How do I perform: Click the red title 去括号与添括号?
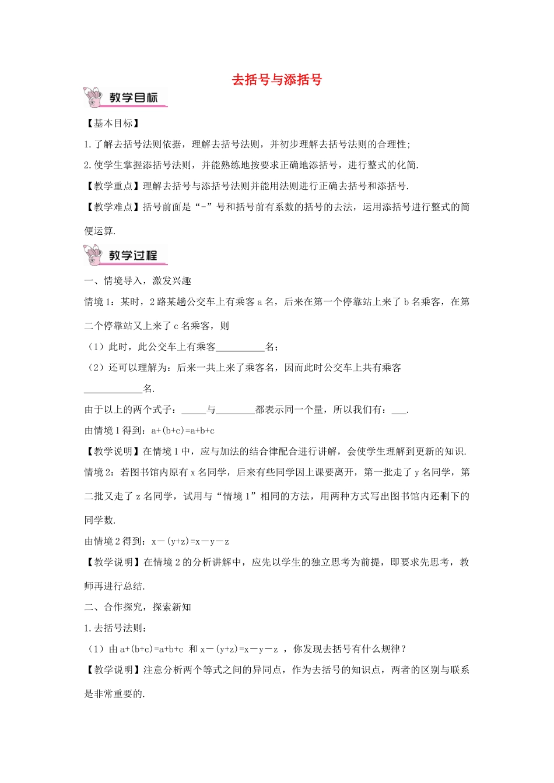[x=277, y=80]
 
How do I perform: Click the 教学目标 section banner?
[x=134, y=98]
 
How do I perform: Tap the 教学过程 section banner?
[x=134, y=256]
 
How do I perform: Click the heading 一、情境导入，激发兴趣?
[x=138, y=281]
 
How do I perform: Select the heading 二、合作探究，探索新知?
[x=138, y=608]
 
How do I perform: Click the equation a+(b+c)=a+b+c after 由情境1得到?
[x=183, y=431]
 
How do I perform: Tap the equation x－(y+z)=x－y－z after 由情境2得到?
[x=190, y=542]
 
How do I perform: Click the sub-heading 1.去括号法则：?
[x=115, y=629]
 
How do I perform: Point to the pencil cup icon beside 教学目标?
[x=93, y=97]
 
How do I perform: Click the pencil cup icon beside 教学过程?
[x=93, y=255]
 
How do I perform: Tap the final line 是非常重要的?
[x=114, y=694]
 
